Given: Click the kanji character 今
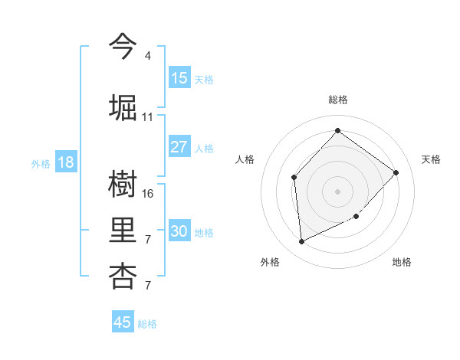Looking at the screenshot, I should (x=123, y=46).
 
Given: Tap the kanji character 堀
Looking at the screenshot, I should (x=123, y=106).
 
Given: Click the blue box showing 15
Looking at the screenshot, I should (x=179, y=78).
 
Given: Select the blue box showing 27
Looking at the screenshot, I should (x=179, y=147).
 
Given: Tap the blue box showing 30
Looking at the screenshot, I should (x=179, y=231).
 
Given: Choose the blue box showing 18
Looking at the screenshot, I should (x=65, y=162).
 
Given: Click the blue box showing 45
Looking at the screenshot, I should (x=123, y=322).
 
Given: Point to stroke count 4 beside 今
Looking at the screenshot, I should (x=148, y=56).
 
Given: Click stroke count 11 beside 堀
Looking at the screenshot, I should (x=148, y=117).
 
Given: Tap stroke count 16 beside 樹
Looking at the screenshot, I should (x=148, y=194).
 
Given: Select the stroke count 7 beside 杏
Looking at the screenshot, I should (x=148, y=286).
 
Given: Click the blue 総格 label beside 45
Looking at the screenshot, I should (x=147, y=324).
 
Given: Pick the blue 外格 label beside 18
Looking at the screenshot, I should (x=40, y=163).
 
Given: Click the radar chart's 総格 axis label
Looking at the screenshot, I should (x=337, y=100).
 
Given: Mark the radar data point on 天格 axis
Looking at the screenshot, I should (x=396, y=172).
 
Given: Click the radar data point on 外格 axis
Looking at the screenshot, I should (x=301, y=241).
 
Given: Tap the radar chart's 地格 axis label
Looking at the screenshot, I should (x=402, y=263).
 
